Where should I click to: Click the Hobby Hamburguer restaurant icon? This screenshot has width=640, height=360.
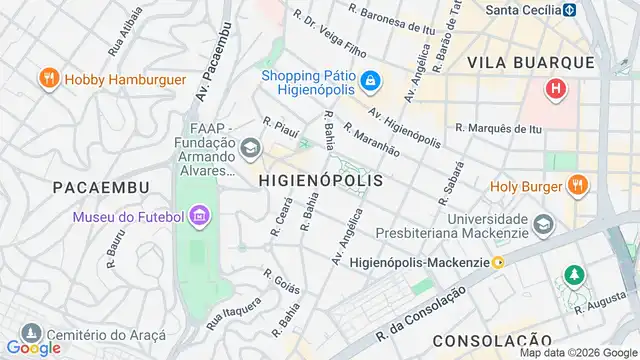point(47,78)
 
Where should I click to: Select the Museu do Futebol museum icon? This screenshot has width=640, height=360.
point(198,216)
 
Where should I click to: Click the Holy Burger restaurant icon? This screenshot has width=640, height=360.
point(575,185)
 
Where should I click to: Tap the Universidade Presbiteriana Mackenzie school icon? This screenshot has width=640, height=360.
point(544,223)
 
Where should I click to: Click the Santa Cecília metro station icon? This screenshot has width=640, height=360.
point(569,10)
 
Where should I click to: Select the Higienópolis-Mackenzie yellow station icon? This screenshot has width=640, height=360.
point(498,262)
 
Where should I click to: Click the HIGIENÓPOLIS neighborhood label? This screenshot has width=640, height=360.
point(320,181)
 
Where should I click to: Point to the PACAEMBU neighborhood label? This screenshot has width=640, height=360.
point(100,187)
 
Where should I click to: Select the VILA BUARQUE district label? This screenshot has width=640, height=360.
point(533,62)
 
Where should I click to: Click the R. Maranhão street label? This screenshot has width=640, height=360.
point(371,139)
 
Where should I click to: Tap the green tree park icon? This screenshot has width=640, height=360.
point(574,273)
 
